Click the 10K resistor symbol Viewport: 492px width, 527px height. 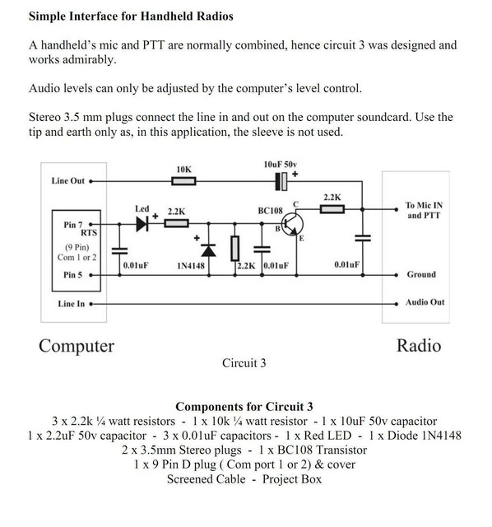[x=183, y=181]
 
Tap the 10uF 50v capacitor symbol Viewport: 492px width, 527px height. [x=281, y=181]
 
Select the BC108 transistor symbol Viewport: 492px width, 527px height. [x=292, y=225]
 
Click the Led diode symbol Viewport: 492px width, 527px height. [x=142, y=224]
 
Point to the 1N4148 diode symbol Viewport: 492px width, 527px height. [x=208, y=250]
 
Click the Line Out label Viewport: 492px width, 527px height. [x=67, y=181]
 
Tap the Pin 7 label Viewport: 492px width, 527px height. [x=73, y=225]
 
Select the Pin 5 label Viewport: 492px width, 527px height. [x=73, y=275]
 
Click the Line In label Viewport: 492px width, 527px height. [x=72, y=304]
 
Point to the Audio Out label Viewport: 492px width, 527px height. [x=425, y=302]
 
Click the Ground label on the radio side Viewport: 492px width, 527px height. [x=421, y=274]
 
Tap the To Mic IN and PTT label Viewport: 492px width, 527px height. [x=424, y=210]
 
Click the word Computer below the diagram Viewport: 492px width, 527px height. [x=77, y=346]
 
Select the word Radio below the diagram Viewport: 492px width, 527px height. [x=419, y=346]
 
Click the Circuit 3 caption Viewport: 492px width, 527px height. [x=244, y=363]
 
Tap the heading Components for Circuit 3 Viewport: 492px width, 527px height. [x=244, y=407]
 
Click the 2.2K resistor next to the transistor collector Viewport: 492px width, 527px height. [x=332, y=209]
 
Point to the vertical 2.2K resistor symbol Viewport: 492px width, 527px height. [x=234, y=249]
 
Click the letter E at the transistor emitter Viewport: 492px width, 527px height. [x=301, y=239]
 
